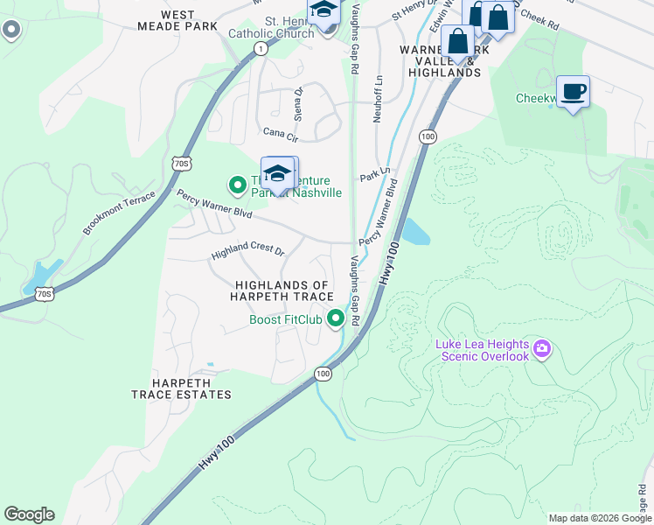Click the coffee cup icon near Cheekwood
[x=573, y=92]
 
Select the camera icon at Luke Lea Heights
[x=542, y=350]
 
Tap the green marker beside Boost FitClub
[x=335, y=319]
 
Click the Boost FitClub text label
[x=286, y=319]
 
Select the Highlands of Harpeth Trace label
[x=282, y=291]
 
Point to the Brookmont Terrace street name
[x=118, y=213]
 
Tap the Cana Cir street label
[x=281, y=134]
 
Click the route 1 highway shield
[x=261, y=50]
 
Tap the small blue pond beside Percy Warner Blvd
[x=414, y=232]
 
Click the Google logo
[x=29, y=514]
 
